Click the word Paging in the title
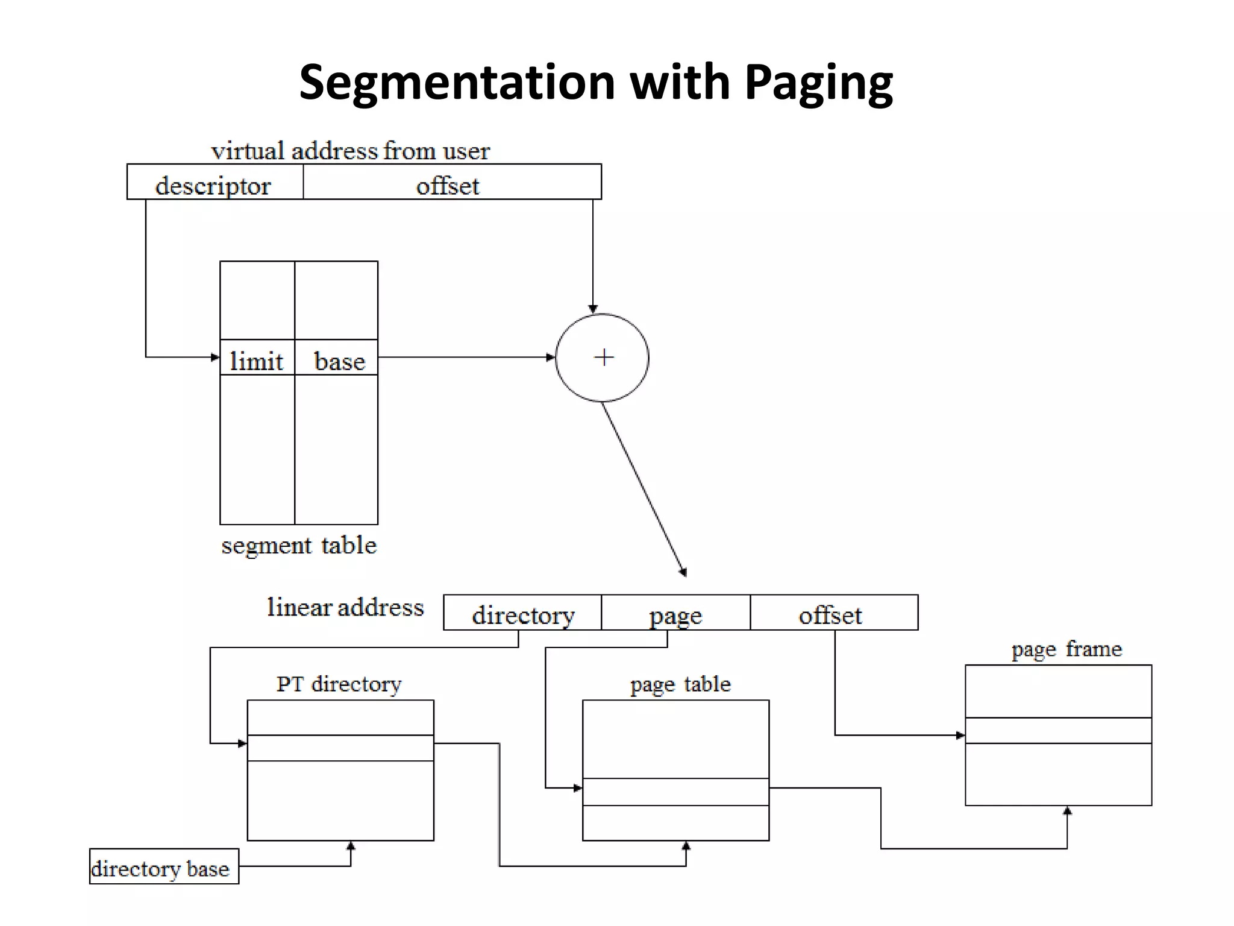818,83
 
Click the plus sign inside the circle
603,357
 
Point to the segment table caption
299,546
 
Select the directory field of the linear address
522,614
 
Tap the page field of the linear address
675,614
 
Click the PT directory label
339,684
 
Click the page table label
680,684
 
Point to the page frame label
1066,649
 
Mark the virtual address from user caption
350,151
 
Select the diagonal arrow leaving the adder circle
644,488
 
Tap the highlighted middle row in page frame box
1058,730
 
